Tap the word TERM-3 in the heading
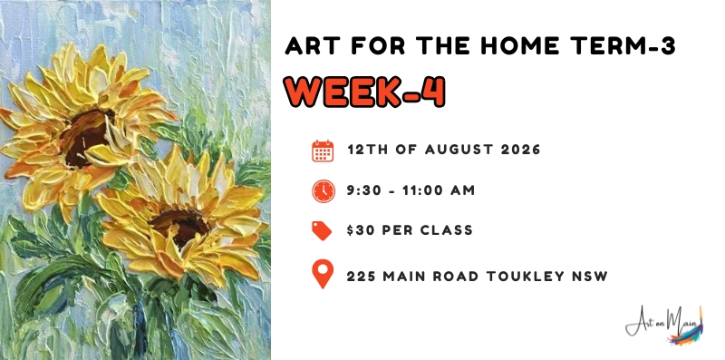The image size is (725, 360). tap(623, 46)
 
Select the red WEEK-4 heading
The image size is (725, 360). tap(365, 92)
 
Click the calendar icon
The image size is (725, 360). tap(323, 151)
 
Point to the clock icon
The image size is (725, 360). tap(324, 190)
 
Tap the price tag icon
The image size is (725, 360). tap(322, 230)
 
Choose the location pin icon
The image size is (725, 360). tap(323, 275)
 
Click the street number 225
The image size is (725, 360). tap(361, 277)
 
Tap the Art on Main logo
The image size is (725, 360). tap(664, 325)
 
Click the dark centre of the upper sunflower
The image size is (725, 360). tap(84, 138)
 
